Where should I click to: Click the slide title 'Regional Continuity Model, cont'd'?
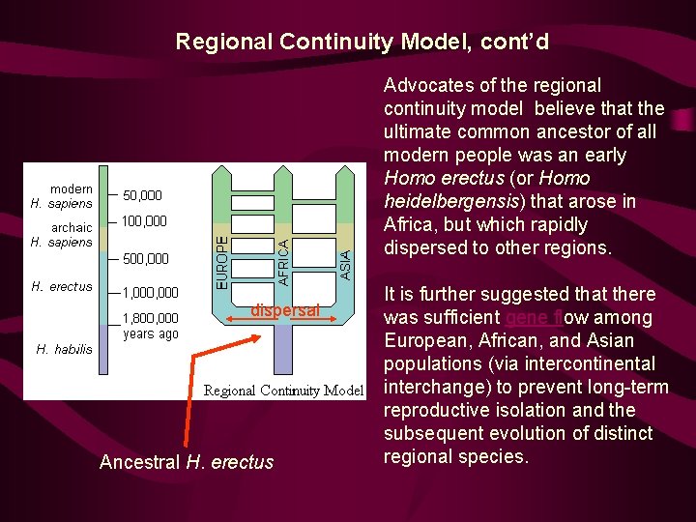(362, 42)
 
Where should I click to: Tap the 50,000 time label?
(142, 196)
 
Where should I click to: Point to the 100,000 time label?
(144, 221)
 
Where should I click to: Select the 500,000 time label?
(145, 258)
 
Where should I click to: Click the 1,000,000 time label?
(150, 292)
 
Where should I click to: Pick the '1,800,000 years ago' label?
(150, 326)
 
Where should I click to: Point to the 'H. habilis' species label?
(64, 349)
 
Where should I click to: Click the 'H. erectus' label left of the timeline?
(62, 286)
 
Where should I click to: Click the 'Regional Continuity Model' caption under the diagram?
(283, 391)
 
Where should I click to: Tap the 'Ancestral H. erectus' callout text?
(187, 462)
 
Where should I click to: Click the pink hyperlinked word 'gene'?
(527, 317)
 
